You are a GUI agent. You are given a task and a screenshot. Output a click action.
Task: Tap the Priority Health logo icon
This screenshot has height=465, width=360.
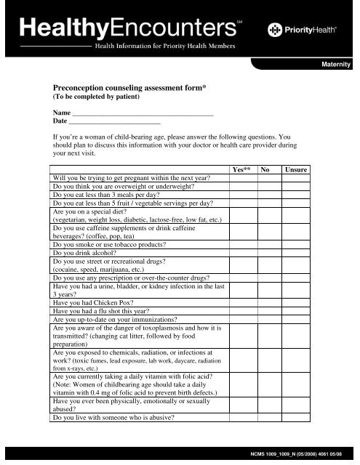[x=275, y=30]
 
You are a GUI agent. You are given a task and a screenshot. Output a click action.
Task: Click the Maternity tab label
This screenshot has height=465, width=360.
[x=335, y=65]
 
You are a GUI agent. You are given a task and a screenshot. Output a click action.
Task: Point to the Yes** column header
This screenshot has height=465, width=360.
[x=241, y=169]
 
